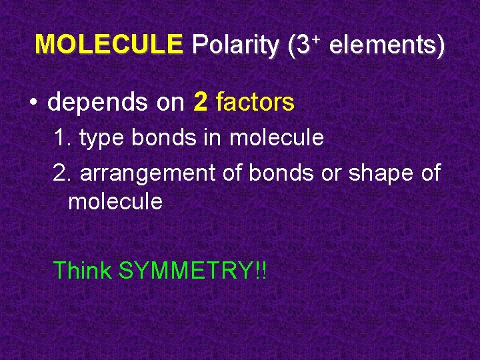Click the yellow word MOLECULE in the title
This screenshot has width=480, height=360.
pyautogui.click(x=108, y=45)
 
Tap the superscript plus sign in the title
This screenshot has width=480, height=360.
pyautogui.click(x=317, y=39)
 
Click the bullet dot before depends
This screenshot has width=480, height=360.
pyautogui.click(x=33, y=103)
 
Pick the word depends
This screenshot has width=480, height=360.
pyautogui.click(x=98, y=103)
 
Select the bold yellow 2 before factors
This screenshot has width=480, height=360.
pyautogui.click(x=200, y=103)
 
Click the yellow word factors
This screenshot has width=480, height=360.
pyautogui.click(x=255, y=103)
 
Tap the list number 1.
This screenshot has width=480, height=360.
pyautogui.click(x=62, y=138)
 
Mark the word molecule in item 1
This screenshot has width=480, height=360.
pyautogui.click(x=277, y=138)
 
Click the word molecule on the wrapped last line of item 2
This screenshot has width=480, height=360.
pyautogui.click(x=115, y=201)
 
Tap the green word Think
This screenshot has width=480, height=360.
pyautogui.click(x=82, y=271)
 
